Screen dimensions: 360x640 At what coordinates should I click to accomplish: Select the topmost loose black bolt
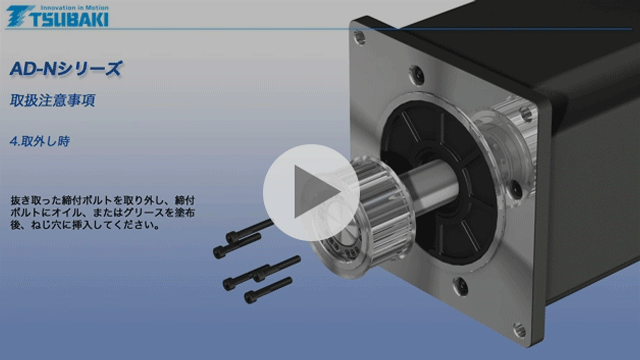point(249,228)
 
